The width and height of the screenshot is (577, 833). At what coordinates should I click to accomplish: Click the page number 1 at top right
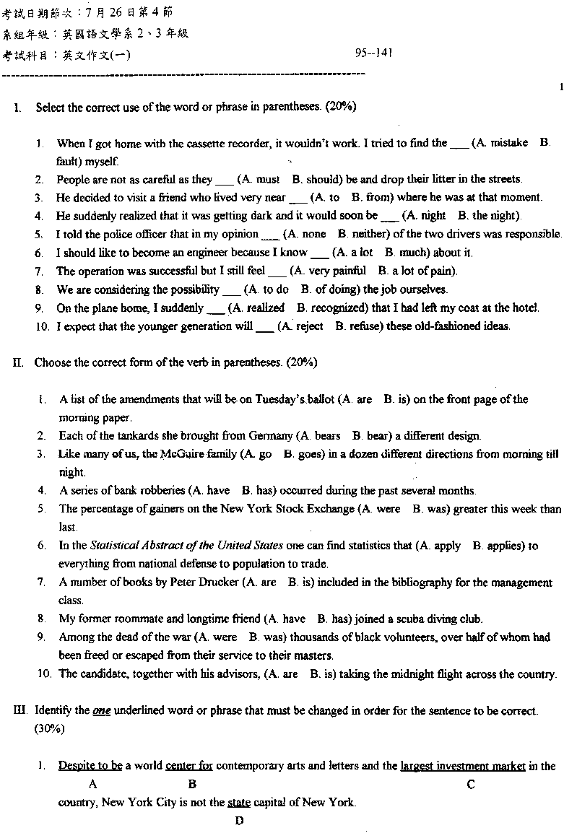tap(561, 87)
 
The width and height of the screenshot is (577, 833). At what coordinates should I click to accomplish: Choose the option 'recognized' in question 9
tap(337, 308)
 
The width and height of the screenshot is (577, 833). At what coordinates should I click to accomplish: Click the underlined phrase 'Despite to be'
tap(90, 766)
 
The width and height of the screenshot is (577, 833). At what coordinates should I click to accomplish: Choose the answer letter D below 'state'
tap(239, 820)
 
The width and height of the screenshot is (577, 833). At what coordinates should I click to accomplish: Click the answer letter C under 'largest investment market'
tap(471, 784)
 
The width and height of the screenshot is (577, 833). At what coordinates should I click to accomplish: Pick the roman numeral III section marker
tap(19, 710)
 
